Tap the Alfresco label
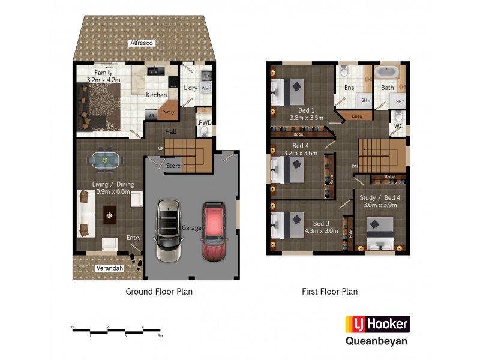[142, 43]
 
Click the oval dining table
[105, 160]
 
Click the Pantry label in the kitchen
[169, 112]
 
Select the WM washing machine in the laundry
[205, 89]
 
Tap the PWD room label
[205, 123]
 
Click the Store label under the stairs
[173, 166]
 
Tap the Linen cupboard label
[357, 115]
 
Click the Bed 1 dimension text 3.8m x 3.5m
[307, 118]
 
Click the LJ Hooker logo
[377, 325]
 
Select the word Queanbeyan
[377, 341]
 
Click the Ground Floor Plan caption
[159, 292]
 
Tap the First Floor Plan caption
[329, 292]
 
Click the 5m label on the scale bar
[160, 336]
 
